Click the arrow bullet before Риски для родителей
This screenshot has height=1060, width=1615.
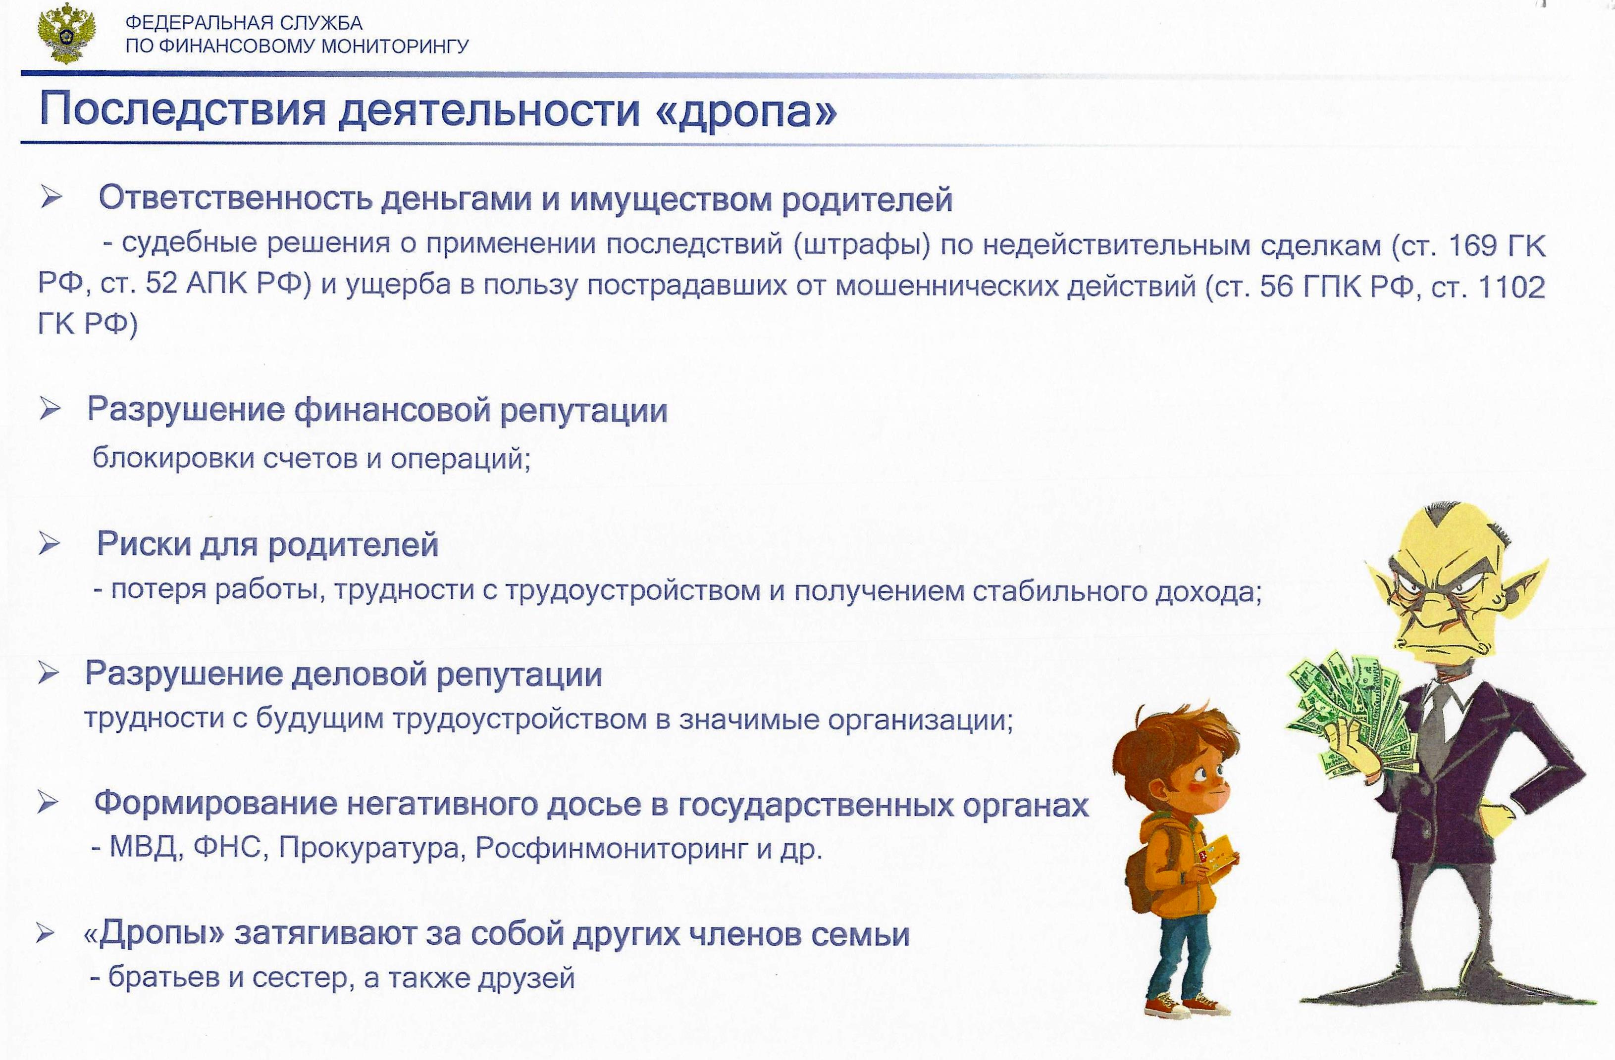tap(50, 544)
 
